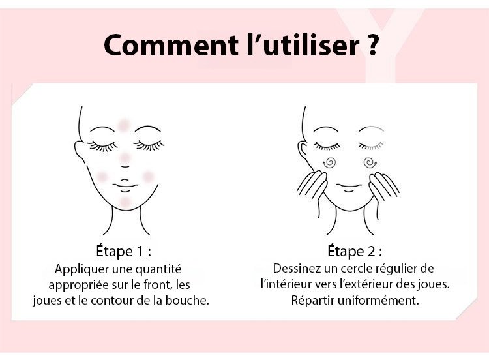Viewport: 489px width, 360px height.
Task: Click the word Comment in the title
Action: (x=171, y=45)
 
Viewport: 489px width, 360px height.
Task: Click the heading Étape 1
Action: (x=124, y=251)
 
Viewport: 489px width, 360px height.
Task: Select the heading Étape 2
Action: (x=355, y=251)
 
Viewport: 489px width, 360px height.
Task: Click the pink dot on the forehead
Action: (x=124, y=125)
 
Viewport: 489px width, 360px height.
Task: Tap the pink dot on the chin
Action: (x=125, y=202)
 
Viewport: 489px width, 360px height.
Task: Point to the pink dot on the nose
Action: (x=125, y=158)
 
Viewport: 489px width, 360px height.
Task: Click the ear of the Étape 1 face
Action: (x=80, y=152)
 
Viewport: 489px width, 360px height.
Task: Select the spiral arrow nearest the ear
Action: (x=329, y=162)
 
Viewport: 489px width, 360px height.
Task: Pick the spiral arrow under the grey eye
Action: (x=370, y=162)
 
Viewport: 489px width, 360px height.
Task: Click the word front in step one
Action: (x=158, y=284)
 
